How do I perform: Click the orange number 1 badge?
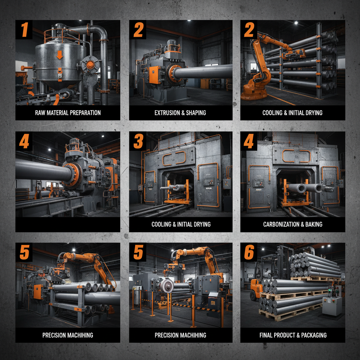click(x=24, y=30)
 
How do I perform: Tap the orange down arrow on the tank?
click(x=59, y=54)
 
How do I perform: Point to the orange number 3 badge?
click(x=138, y=141)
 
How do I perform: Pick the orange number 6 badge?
click(x=249, y=252)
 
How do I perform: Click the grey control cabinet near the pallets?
click(x=332, y=305)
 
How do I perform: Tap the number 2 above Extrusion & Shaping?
click(x=138, y=30)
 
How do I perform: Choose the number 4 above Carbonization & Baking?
click(x=249, y=141)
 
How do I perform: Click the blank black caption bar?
click(x=67, y=224)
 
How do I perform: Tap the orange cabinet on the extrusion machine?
click(x=154, y=75)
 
